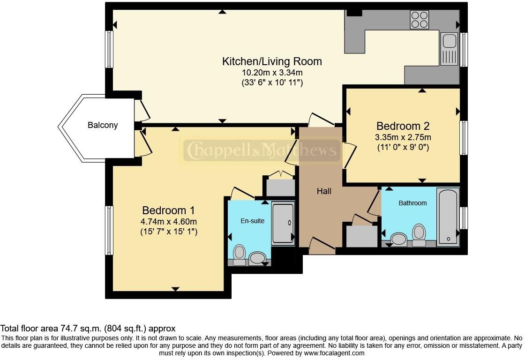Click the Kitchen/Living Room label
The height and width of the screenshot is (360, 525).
pyautogui.click(x=272, y=61)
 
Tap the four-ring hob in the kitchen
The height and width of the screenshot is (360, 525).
pyautogui.click(x=420, y=20)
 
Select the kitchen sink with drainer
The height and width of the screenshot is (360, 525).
pyautogui.click(x=449, y=49)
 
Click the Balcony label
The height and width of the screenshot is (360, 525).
pyautogui.click(x=103, y=125)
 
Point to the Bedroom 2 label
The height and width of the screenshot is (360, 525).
pyautogui.click(x=403, y=126)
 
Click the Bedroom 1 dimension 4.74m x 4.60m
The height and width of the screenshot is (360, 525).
pyautogui.click(x=169, y=221)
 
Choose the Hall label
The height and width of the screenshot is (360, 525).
pyautogui.click(x=324, y=191)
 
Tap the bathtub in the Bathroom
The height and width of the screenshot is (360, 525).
pyautogui.click(x=448, y=217)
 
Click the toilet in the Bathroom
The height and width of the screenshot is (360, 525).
pyautogui.click(x=419, y=235)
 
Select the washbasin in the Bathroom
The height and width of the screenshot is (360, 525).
pyautogui.click(x=398, y=240)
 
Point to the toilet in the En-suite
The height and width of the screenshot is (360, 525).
pyautogui.click(x=239, y=255)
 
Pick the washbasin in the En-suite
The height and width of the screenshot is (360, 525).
pyautogui.click(x=257, y=259)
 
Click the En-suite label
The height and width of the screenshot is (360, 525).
pyautogui.click(x=253, y=221)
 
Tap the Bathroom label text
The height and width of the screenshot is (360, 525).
pyautogui.click(x=412, y=203)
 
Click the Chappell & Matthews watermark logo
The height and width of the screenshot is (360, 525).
pyautogui.click(x=262, y=150)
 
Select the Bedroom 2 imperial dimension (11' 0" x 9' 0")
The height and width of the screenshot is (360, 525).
pyautogui.click(x=403, y=147)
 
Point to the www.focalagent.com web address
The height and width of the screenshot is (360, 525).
pyautogui.click(x=334, y=353)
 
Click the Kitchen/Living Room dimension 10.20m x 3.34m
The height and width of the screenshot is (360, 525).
pyautogui.click(x=272, y=72)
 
